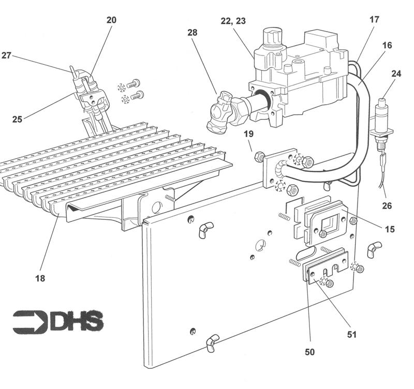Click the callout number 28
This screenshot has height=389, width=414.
(x=193, y=32)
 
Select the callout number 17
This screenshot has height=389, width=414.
(x=374, y=20)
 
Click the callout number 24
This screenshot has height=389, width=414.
(x=396, y=74)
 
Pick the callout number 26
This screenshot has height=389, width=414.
(x=387, y=206)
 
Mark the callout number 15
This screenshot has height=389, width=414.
(x=390, y=229)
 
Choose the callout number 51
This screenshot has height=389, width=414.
(x=352, y=335)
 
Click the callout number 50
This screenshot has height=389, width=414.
(x=309, y=352)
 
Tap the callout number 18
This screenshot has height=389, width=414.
(x=40, y=279)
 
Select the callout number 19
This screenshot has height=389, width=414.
(x=249, y=134)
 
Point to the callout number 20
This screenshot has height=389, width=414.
(x=111, y=20)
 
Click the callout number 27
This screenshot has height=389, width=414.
(x=6, y=55)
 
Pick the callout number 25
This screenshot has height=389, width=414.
(x=17, y=119)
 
